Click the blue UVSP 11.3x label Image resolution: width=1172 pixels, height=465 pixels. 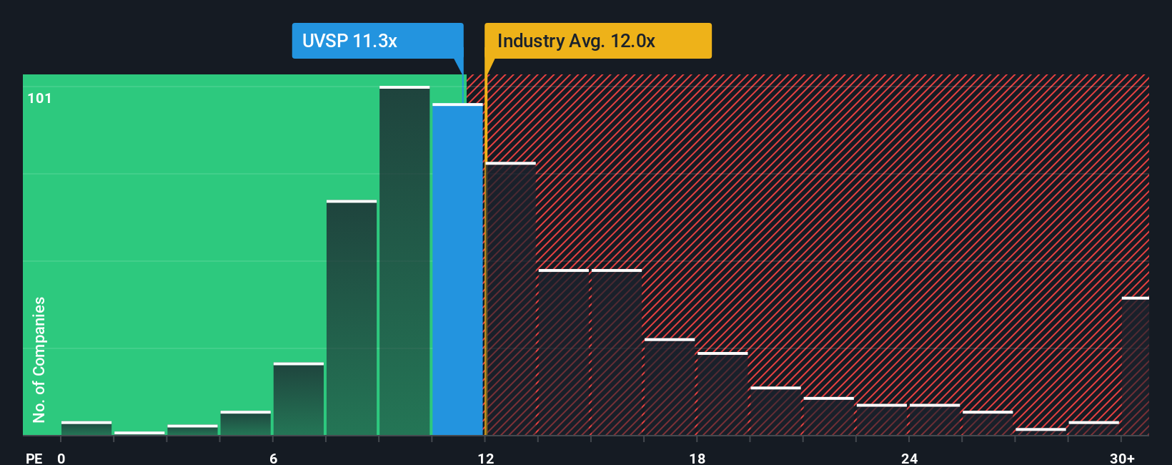click(x=377, y=41)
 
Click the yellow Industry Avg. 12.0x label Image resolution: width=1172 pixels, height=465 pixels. click(x=597, y=41)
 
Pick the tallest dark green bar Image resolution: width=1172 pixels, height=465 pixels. click(x=404, y=261)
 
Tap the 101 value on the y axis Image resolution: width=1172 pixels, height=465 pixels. click(x=40, y=99)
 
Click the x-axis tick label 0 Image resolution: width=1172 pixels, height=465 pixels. click(x=61, y=458)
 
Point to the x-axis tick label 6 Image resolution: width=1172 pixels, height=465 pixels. click(x=274, y=458)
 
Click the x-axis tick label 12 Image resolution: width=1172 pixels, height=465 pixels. click(x=486, y=458)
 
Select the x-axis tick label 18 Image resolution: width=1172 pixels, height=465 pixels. click(x=697, y=458)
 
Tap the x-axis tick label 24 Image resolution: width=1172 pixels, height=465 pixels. click(x=909, y=458)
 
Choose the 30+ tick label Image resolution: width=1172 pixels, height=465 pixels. click(x=1122, y=458)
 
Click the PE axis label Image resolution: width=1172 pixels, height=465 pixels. click(x=34, y=458)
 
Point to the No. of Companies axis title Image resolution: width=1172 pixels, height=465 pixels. click(x=39, y=359)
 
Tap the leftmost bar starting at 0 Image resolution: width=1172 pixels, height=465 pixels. click(x=86, y=429)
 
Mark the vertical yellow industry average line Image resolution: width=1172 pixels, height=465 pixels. click(x=485, y=250)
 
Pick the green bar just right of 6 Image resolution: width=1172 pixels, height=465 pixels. click(x=299, y=399)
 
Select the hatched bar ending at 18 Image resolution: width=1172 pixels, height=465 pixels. click(x=670, y=387)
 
